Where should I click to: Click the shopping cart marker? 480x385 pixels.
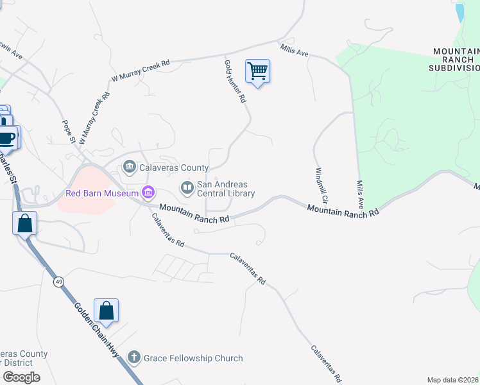(257, 71)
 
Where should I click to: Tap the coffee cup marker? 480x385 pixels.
(8, 137)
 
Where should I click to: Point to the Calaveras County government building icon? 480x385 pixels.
(129, 168)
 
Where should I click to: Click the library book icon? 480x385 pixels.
(187, 188)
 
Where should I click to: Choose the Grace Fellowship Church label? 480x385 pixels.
(193, 358)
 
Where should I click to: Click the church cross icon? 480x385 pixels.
(133, 357)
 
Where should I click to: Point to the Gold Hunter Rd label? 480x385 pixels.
(235, 81)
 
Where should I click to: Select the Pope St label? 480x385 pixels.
(69, 130)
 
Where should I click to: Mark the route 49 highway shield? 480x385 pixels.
(58, 283)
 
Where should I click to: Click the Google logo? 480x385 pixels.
(21, 377)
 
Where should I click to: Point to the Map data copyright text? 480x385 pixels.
(452, 380)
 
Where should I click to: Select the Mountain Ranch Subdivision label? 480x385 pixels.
(454, 59)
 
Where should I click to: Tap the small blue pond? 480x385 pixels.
(459, 13)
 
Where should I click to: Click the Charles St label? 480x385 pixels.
(8, 168)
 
